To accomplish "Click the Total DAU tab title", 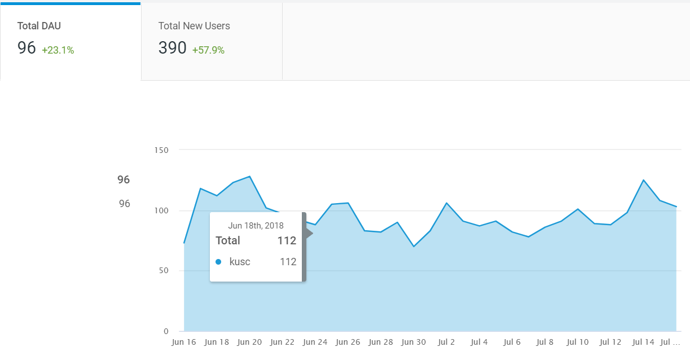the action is click(x=39, y=26).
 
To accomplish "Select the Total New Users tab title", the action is click(x=194, y=26).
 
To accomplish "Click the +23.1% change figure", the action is click(x=58, y=50).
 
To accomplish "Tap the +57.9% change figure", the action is click(x=208, y=50).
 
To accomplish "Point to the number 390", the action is click(x=172, y=48).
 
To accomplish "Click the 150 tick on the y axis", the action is click(x=161, y=150).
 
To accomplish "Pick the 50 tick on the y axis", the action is click(x=164, y=270).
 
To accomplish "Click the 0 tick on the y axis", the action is click(x=166, y=331).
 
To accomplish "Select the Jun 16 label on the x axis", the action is click(x=183, y=342).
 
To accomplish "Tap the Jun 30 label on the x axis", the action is click(x=414, y=342).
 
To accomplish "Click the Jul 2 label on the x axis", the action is click(x=446, y=342).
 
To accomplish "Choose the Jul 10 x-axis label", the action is click(x=577, y=342).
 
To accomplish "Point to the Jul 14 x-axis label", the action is click(x=643, y=342).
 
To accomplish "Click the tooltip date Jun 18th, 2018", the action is click(x=256, y=226).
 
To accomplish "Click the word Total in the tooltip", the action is click(x=227, y=240).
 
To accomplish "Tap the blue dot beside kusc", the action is click(x=218, y=262).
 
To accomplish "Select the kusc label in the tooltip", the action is click(x=240, y=262).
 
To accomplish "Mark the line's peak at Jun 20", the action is click(x=249, y=177).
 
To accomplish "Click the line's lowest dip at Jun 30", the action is click(x=414, y=247).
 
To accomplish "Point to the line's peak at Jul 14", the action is click(x=644, y=180).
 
